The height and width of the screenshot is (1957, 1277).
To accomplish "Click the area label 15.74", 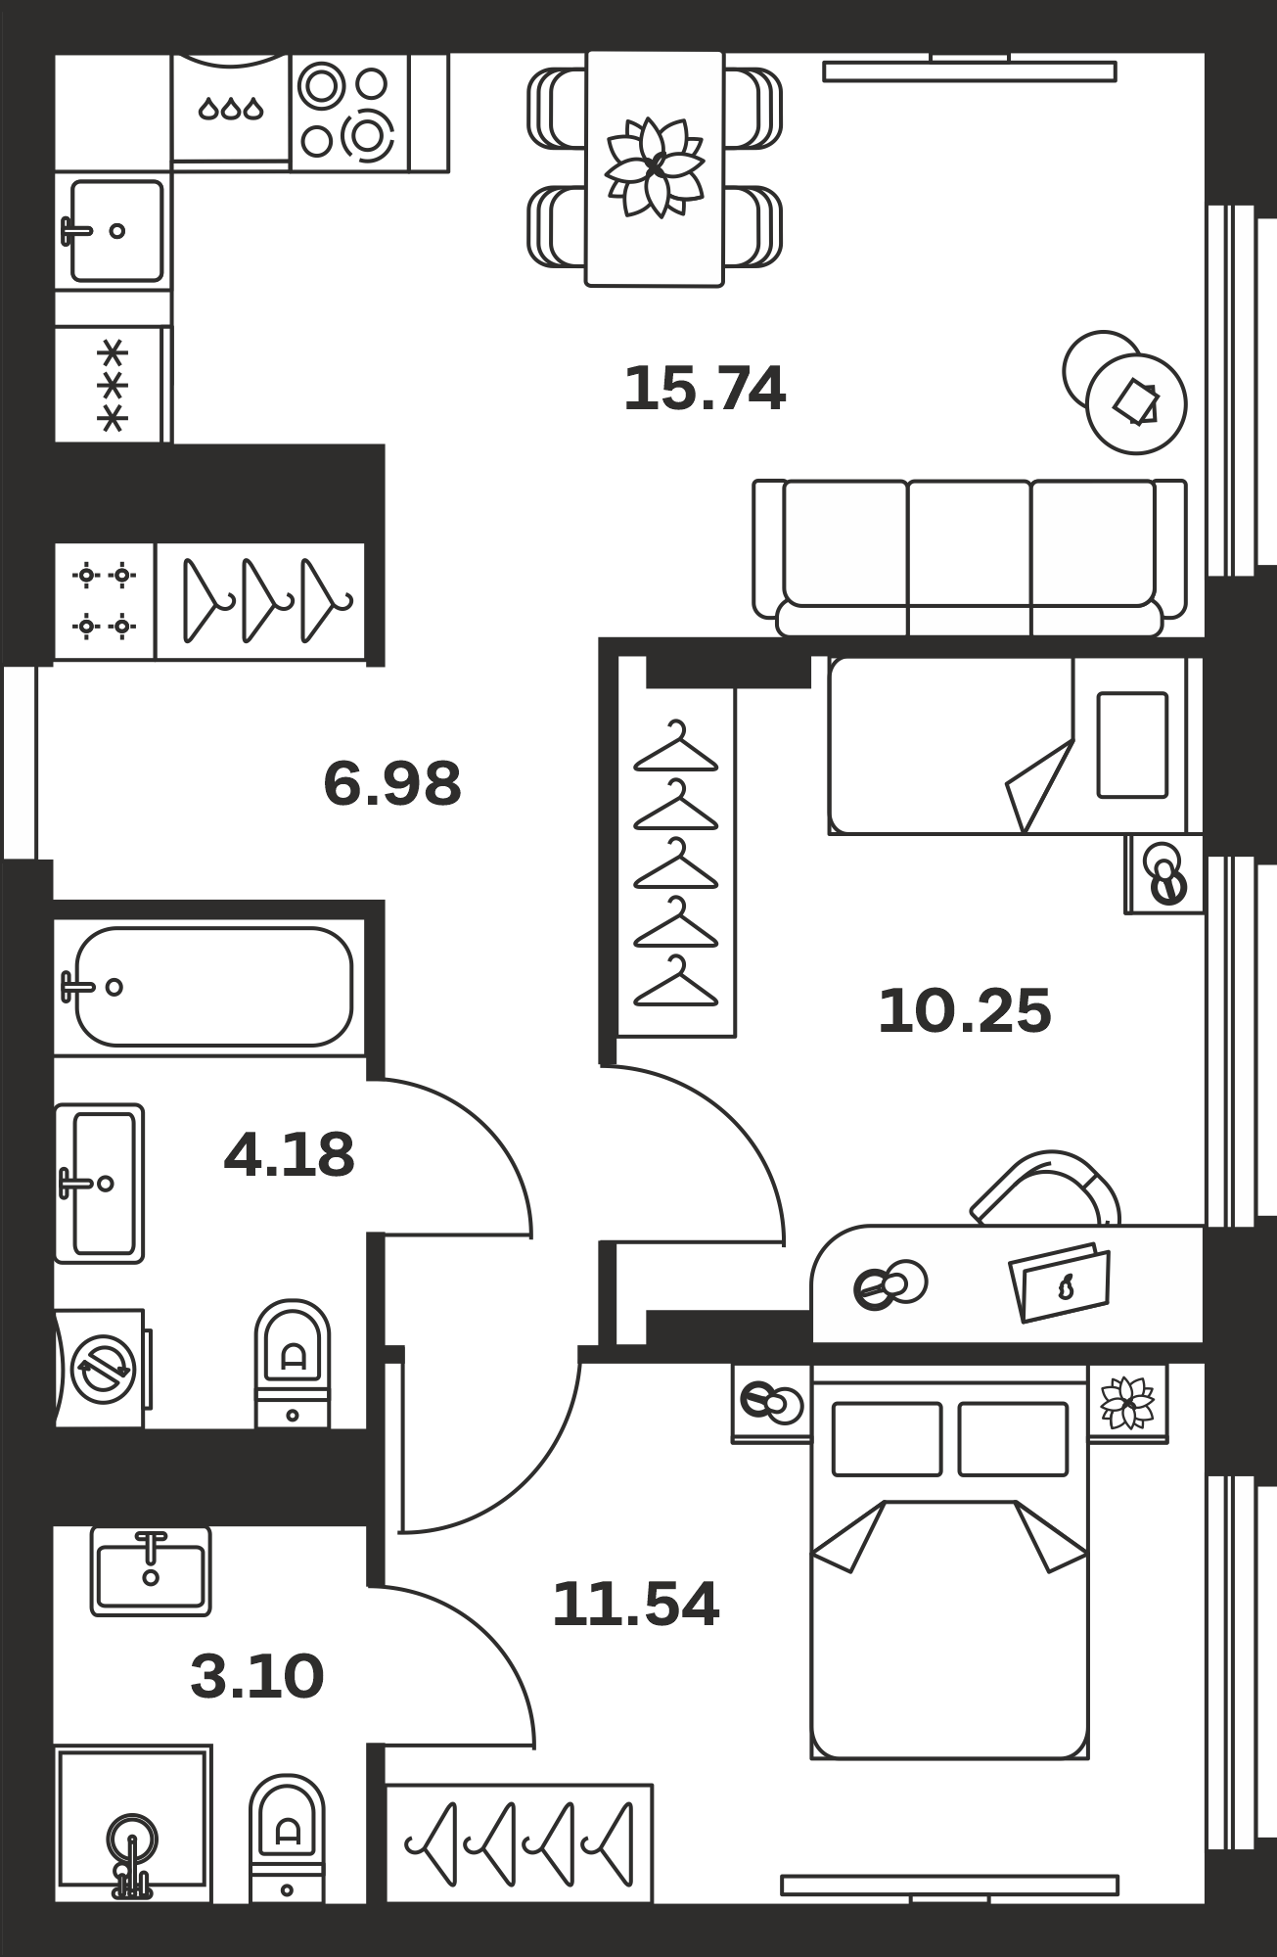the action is [x=705, y=389].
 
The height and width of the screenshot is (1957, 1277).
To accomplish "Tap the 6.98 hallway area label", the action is [x=392, y=784].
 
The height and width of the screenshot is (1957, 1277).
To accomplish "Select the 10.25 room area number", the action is [x=965, y=1011].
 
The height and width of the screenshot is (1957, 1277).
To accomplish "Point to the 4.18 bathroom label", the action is [x=289, y=1155].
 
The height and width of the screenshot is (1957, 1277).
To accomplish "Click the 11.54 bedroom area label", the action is [x=636, y=1605].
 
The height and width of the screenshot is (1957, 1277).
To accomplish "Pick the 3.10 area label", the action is [x=256, y=1677].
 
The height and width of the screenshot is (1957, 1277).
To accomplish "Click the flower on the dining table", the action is [x=655, y=166].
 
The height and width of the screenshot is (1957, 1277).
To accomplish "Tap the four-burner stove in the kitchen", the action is [x=349, y=112].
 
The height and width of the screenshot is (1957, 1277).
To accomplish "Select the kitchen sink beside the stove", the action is [x=113, y=231].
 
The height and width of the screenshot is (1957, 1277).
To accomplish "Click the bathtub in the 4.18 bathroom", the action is [x=213, y=987].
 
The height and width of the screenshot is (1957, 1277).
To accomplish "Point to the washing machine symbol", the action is [x=101, y=1369].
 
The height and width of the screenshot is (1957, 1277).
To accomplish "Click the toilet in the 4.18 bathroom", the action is [x=293, y=1364].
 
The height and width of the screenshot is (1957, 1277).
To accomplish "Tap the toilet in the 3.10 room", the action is [x=287, y=1839].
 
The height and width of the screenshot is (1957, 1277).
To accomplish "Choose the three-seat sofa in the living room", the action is [x=970, y=558].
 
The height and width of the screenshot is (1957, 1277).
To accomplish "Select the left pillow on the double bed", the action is [x=887, y=1439].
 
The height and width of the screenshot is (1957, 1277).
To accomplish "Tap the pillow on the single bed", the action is [x=1132, y=745].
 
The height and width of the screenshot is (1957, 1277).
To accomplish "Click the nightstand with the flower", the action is [x=1128, y=1403].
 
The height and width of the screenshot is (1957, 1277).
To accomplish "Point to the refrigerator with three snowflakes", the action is [x=113, y=384].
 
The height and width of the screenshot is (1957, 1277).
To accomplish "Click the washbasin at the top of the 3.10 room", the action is [x=151, y=1570].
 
